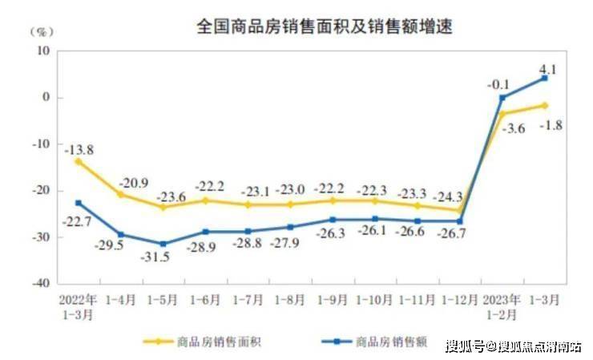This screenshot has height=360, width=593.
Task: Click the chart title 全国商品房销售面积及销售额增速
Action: pos(325,26)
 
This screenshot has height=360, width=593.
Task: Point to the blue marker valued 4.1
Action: pos(545,78)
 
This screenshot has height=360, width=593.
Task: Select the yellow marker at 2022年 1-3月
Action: pos(79,161)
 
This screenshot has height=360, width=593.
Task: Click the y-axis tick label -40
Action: pos(39,285)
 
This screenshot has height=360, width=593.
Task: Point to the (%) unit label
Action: pos(41,32)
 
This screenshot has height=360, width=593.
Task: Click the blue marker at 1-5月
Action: pos(163,244)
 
